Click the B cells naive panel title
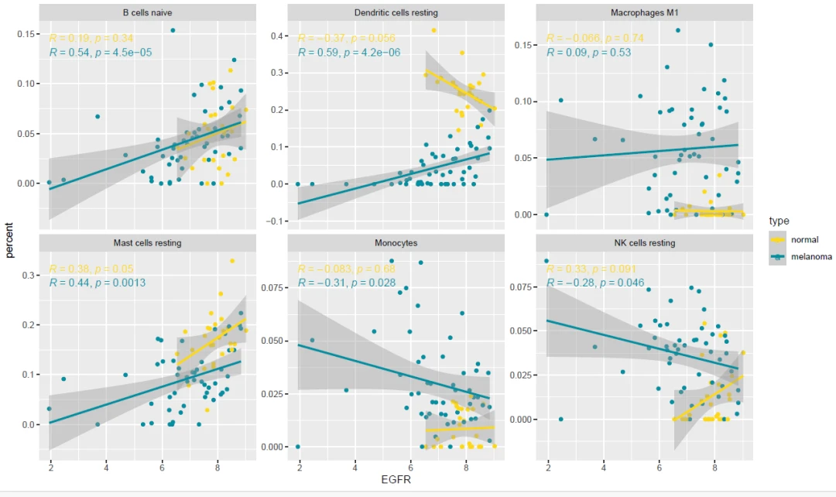pos(147,13)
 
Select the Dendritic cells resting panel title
pos(396,13)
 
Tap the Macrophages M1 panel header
pos(643,13)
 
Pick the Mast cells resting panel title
pos(147,243)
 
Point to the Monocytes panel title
pos(396,243)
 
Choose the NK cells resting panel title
pos(643,243)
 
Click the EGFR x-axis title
pos(396,482)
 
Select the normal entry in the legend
pos(804,239)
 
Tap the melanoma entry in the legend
pos(810,257)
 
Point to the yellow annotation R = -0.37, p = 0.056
pos(346,39)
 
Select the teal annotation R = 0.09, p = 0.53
pos(589,53)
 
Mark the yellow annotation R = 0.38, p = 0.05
pos(91,269)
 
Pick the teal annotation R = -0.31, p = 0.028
pos(346,283)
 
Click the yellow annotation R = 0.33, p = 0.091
pos(592,269)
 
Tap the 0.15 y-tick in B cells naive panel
pos(29,34)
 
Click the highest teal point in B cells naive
pos(173,31)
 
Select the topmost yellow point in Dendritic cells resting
pos(434,31)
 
